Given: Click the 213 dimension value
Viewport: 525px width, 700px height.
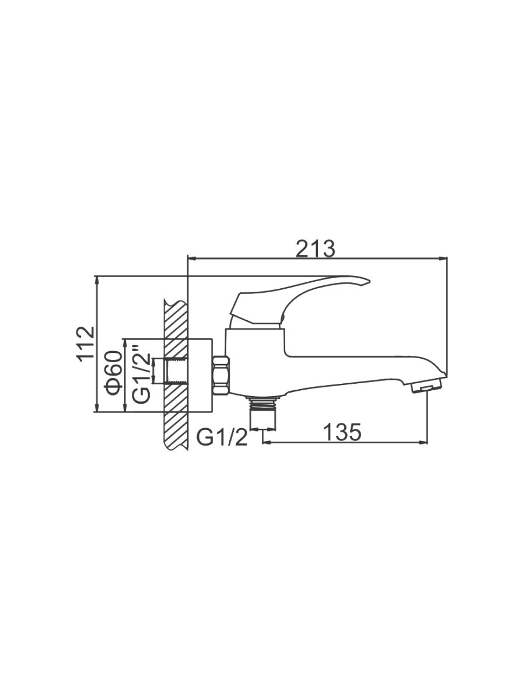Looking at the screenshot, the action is click(x=316, y=249).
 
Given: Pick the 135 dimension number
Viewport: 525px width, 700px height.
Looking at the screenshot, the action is click(x=342, y=432).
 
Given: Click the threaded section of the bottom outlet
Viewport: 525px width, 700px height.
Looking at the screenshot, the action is click(x=263, y=403).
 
